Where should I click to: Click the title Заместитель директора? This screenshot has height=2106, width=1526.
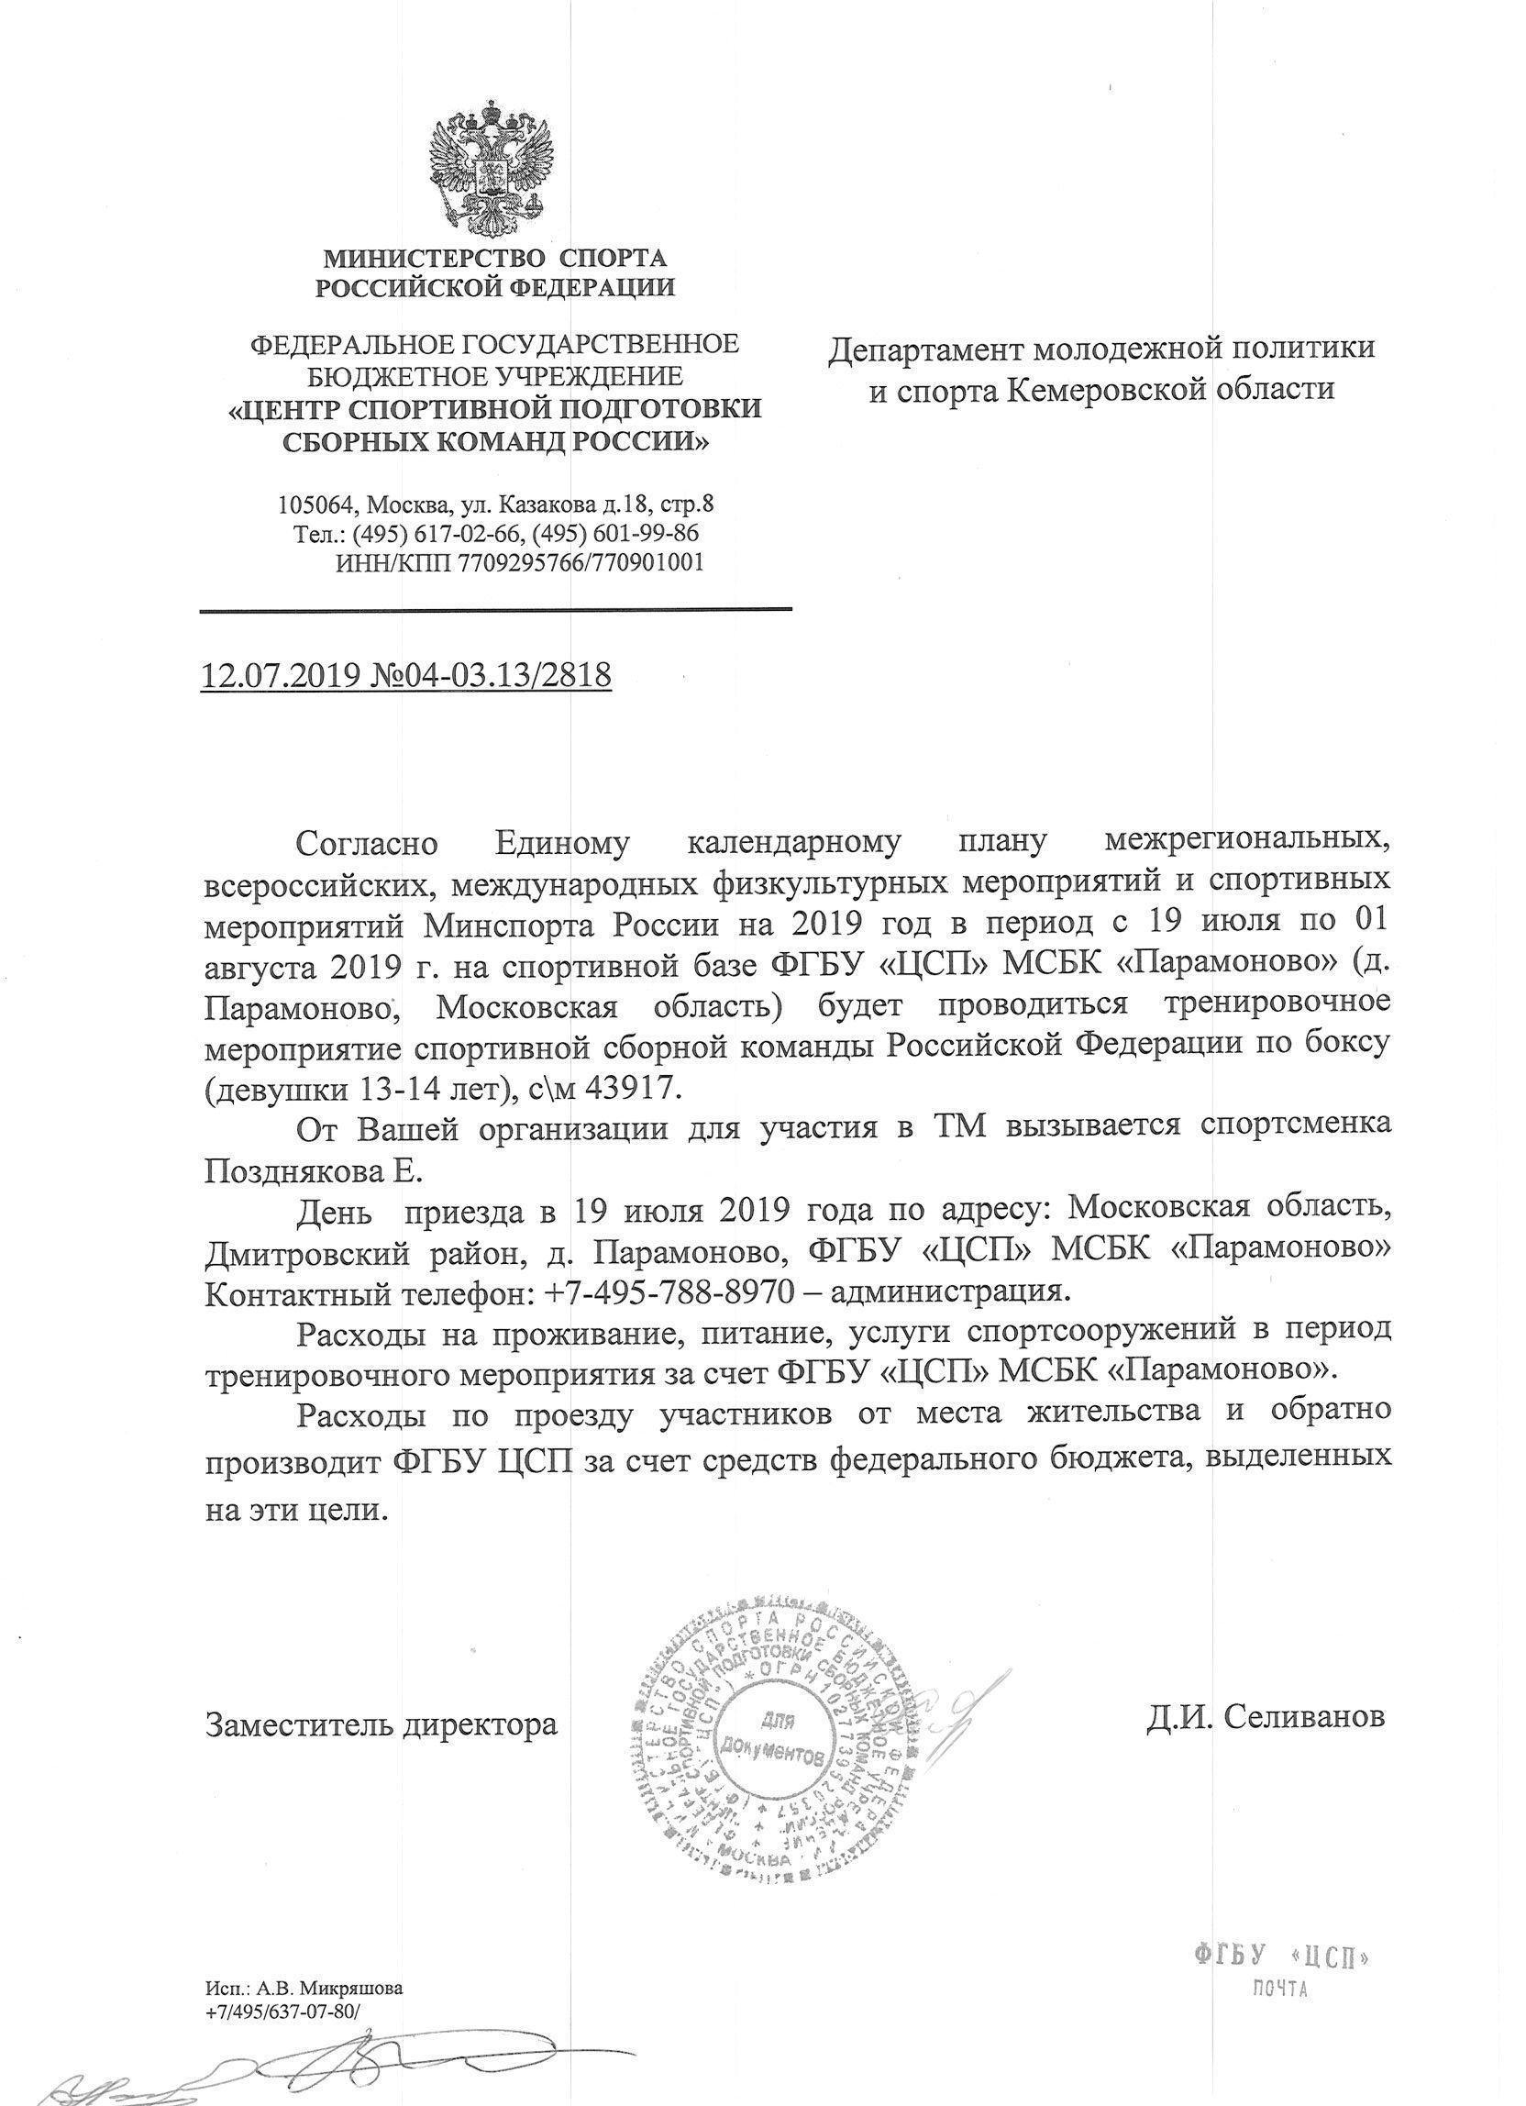click(381, 1724)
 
